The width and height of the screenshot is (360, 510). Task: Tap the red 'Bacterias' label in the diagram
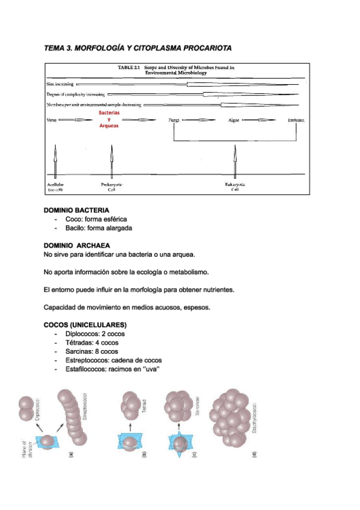109,112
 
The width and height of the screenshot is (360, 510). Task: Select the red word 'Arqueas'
109,126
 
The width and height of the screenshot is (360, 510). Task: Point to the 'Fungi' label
174,120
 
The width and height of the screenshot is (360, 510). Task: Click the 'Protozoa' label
296,120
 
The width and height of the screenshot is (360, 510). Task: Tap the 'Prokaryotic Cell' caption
111,187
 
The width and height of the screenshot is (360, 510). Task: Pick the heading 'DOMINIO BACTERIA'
76,210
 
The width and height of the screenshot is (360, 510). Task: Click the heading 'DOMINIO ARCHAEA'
77,245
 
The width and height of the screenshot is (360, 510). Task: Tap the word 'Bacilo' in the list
76,229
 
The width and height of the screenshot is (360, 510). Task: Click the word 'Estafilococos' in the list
87,369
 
